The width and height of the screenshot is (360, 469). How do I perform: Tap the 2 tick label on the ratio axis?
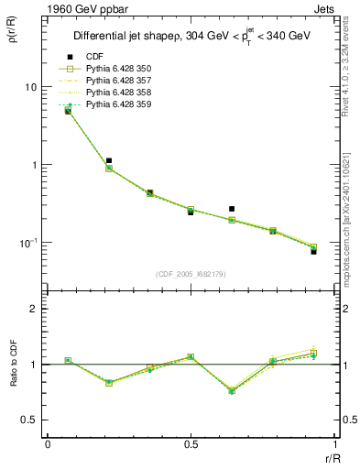(x=34, y=309)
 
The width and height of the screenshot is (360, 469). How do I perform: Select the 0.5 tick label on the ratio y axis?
(x=29, y=420)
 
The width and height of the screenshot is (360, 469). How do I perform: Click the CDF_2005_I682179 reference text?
(x=191, y=274)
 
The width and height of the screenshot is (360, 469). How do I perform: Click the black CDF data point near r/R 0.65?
(x=232, y=209)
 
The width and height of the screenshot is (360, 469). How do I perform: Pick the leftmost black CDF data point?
(x=68, y=111)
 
